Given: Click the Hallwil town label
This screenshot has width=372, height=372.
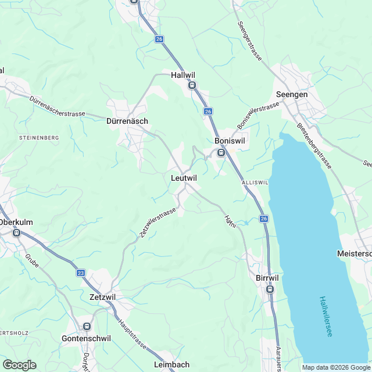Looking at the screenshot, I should (185, 75).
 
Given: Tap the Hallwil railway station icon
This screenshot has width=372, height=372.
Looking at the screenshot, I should (192, 85).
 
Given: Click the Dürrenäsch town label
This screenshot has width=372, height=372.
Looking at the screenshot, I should (127, 121).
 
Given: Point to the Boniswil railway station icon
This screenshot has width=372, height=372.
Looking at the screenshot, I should (221, 153).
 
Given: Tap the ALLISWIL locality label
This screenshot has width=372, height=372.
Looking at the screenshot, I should (254, 182).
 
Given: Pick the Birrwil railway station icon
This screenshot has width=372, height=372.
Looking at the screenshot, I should (270, 289).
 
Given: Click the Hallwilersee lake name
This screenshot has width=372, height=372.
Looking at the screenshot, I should (325, 317).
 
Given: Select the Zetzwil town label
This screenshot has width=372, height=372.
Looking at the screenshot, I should (103, 296).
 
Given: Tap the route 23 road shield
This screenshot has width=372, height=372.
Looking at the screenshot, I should (81, 273).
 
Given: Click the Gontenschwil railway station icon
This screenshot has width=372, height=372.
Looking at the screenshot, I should (87, 327).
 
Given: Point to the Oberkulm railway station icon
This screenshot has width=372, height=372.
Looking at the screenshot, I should (16, 233).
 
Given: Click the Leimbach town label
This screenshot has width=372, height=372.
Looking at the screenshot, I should (172, 364).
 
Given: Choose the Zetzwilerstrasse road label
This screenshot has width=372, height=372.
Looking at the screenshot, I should (158, 224).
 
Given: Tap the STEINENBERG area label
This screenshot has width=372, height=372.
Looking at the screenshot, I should (39, 137).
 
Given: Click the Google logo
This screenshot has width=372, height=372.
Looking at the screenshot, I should (19, 364).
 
